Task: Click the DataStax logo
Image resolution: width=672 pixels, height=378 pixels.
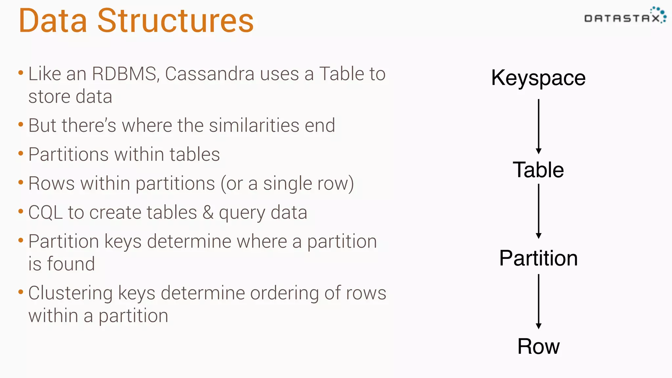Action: (625, 16)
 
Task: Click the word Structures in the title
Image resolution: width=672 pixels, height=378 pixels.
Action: (176, 21)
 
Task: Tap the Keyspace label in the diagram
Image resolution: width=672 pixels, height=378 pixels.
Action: (538, 78)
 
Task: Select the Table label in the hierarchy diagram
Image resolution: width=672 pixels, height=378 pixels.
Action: (538, 170)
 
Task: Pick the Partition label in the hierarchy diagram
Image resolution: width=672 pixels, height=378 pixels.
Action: (538, 258)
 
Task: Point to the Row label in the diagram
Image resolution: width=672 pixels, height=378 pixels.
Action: (538, 346)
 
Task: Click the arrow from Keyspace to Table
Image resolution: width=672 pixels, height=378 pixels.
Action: (538, 126)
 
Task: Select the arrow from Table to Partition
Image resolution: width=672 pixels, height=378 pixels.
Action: (538, 211)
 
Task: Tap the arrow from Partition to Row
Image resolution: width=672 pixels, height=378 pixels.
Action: (538, 301)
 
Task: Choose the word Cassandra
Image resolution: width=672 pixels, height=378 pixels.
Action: (209, 74)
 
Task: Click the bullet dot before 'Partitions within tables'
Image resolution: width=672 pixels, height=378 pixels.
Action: (21, 153)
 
